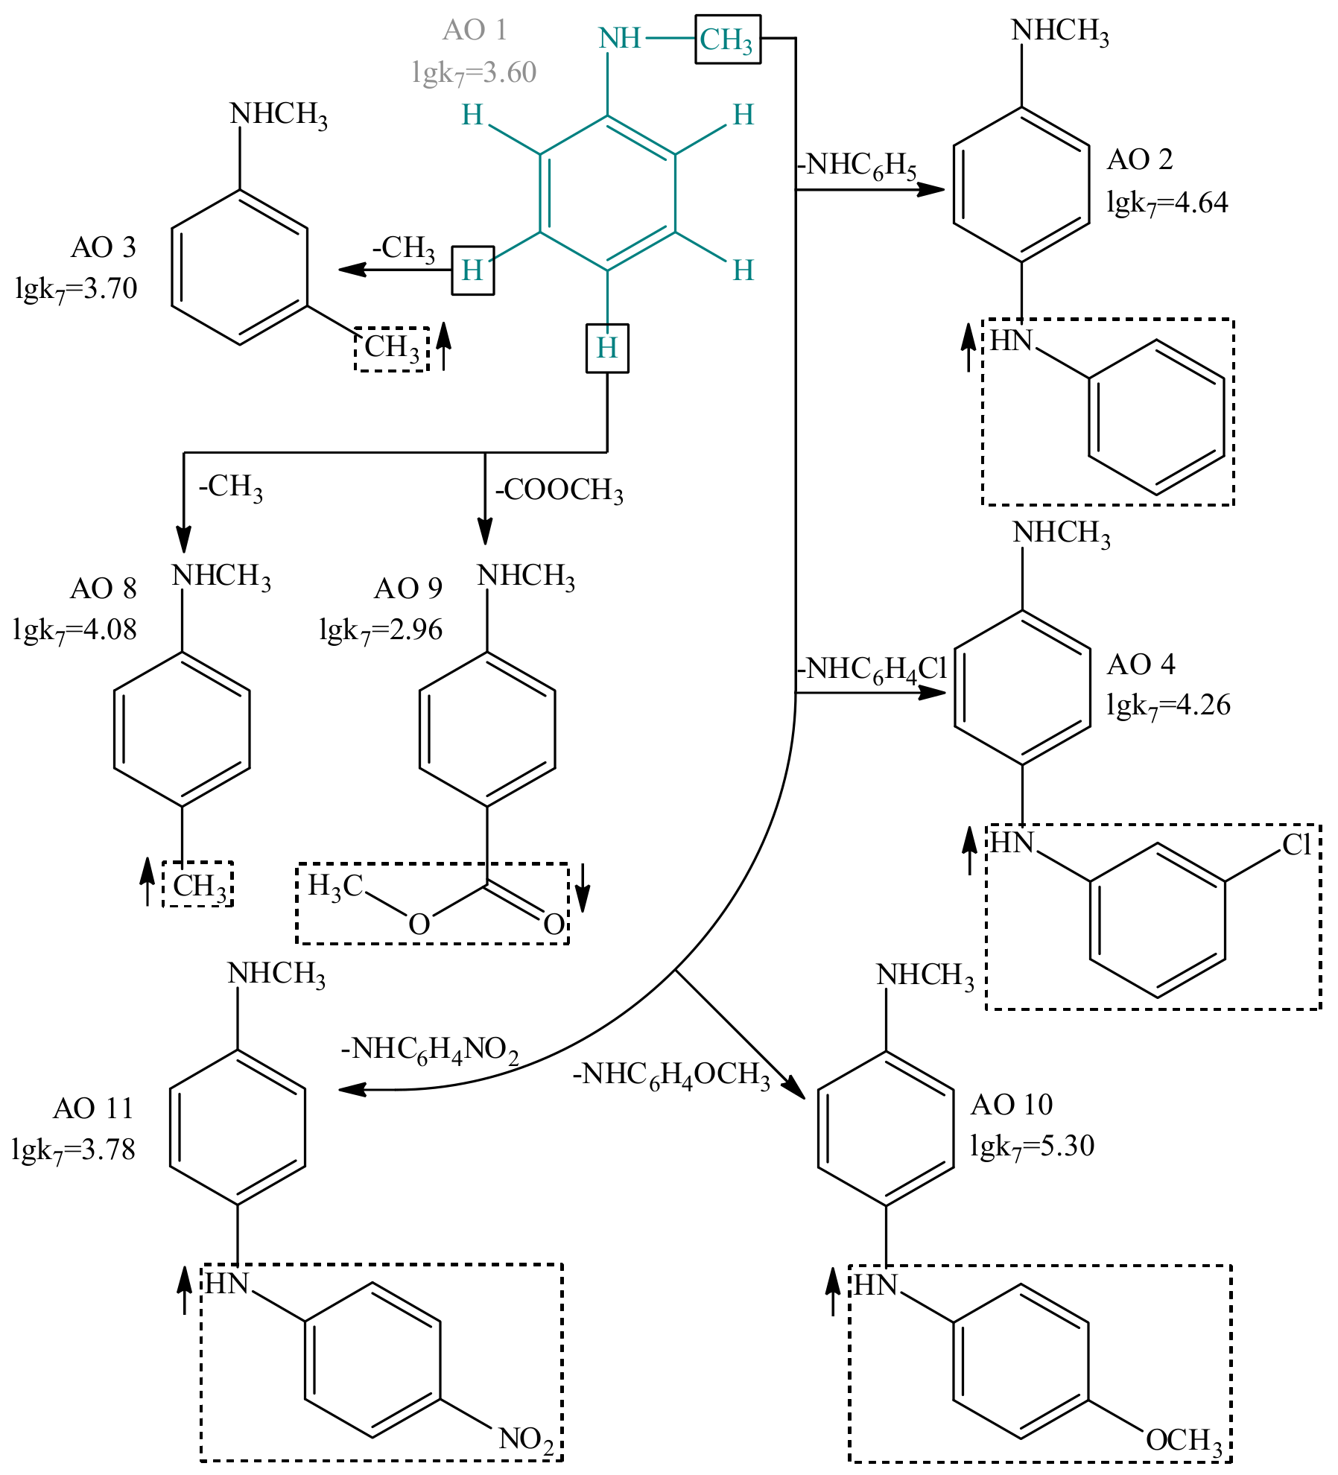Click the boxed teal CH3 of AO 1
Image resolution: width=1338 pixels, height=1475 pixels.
(x=727, y=39)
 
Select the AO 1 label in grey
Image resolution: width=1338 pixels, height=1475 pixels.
(x=475, y=30)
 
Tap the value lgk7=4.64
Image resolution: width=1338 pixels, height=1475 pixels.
(x=1167, y=203)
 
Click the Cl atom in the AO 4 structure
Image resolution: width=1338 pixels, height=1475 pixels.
(x=1296, y=845)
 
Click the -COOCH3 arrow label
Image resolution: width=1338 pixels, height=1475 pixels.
(x=559, y=490)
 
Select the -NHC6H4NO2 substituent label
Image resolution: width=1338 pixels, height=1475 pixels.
(x=430, y=1050)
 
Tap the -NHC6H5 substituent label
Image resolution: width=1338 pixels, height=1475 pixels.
(x=857, y=165)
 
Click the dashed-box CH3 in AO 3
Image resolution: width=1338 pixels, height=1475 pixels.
(x=392, y=348)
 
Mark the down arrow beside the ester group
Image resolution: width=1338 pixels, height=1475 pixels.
(x=583, y=887)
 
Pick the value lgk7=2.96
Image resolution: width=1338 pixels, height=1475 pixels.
(x=381, y=630)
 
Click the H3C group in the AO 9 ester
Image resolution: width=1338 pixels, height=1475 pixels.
(x=334, y=886)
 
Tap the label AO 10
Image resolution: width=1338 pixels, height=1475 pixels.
(x=1012, y=1105)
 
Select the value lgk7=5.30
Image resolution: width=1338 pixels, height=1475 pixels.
(x=1032, y=1146)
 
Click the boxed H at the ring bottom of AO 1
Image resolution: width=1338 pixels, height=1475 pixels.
(x=607, y=348)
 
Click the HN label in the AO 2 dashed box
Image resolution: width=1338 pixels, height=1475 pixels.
(x=1011, y=340)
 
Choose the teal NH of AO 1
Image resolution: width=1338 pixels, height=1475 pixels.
(x=620, y=38)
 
